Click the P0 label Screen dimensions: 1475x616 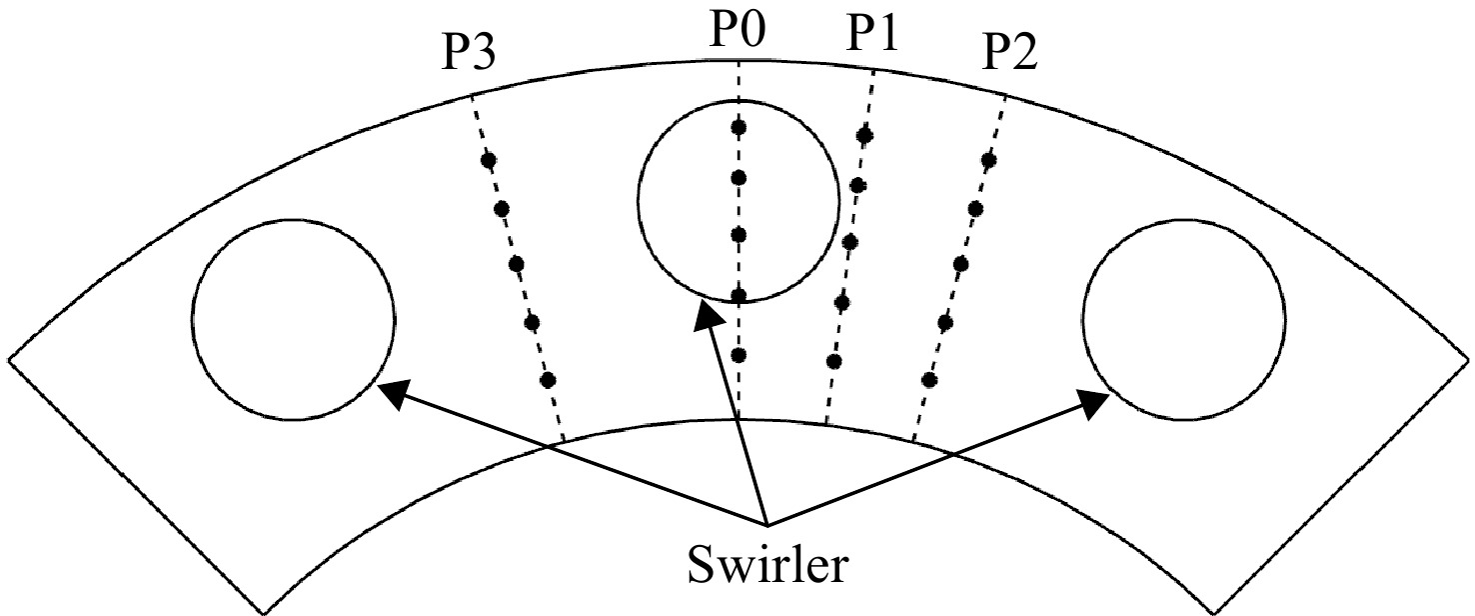[737, 31]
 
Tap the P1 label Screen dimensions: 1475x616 [872, 33]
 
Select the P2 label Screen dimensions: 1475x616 [1008, 51]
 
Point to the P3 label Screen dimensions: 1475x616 [468, 51]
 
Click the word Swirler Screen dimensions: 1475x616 [767, 565]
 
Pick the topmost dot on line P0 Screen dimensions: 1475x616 [738, 127]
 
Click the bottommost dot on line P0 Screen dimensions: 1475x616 [738, 355]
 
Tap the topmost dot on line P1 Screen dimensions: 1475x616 [865, 136]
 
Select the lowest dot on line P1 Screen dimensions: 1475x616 [833, 361]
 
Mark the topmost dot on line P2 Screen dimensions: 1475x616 [988, 160]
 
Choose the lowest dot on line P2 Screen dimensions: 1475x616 [929, 379]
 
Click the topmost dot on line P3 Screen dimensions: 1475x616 [488, 160]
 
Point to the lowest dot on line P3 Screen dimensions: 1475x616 [548, 380]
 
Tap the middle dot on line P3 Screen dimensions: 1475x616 [517, 264]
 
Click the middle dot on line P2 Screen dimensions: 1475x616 [960, 264]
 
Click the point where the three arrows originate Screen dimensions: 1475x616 [767, 525]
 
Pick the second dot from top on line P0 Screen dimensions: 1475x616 [738, 177]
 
